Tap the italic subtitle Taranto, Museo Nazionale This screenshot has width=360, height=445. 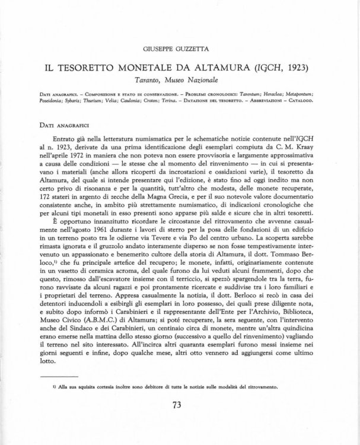point(179,80)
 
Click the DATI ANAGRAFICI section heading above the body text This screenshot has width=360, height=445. point(58,125)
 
